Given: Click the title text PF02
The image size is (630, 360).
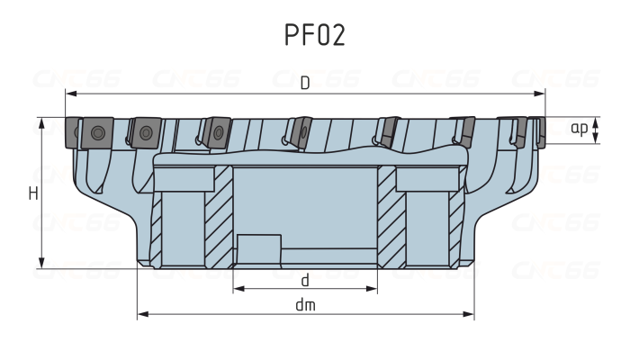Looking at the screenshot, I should (314, 35).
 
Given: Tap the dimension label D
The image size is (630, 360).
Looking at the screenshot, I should (305, 84).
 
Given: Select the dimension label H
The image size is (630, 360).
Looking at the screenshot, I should (32, 193).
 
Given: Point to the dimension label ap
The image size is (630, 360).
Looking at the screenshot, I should (580, 128).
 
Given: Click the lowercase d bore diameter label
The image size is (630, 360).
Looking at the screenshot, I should (305, 280).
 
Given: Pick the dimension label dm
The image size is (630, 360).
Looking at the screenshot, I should (305, 305).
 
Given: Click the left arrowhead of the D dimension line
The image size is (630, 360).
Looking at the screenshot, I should (69, 94).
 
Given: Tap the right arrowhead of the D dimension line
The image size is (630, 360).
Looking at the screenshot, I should (541, 94).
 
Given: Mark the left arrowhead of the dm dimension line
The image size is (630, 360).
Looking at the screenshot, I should (141, 315).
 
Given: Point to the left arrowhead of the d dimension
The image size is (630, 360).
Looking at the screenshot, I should (238, 290).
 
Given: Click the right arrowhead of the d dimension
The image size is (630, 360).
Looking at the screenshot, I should (373, 290).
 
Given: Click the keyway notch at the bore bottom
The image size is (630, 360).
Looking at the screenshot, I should (259, 247).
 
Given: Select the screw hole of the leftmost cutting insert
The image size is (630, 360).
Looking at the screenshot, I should (95, 135).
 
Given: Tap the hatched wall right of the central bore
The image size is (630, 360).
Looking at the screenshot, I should (387, 216).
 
